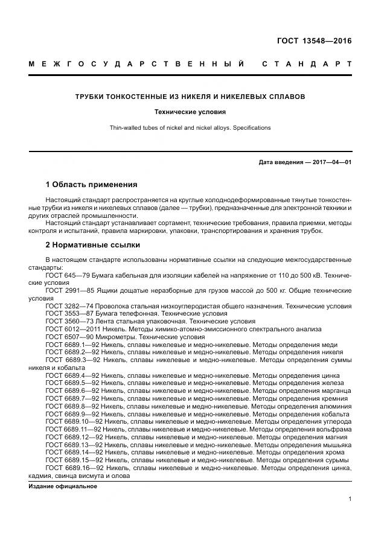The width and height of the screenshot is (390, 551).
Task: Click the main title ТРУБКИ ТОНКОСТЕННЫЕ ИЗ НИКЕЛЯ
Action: point(190,97)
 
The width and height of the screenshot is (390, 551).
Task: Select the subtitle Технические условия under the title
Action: point(190,112)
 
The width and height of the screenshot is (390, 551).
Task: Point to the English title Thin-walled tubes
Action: point(190,127)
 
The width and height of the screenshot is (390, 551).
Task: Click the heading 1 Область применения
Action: point(92,184)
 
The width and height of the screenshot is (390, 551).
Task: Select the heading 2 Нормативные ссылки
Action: point(93,245)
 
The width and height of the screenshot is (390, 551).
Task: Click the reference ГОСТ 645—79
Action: point(68,275)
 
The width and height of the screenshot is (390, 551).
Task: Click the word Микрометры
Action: point(121,337)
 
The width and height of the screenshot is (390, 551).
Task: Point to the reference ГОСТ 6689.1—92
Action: point(72,345)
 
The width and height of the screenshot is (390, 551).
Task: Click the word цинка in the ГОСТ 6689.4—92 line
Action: point(331,375)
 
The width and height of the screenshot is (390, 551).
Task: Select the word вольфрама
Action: point(333,430)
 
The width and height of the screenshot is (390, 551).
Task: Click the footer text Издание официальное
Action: point(63,486)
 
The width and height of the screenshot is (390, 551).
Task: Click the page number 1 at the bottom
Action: point(350,498)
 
